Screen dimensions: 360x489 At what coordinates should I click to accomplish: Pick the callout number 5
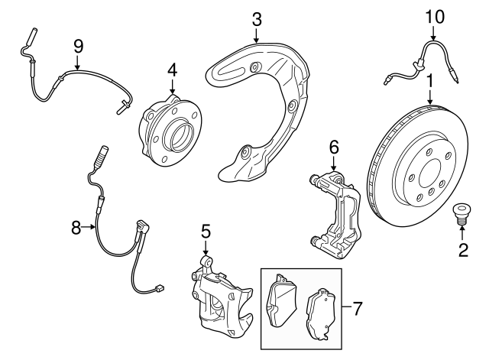(206, 231)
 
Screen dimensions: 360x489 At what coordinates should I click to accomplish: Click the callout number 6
(333, 146)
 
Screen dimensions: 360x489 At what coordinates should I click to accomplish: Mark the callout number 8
(76, 226)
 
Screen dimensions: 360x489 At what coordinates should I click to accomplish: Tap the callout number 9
(77, 46)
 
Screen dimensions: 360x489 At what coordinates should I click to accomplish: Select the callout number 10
(433, 15)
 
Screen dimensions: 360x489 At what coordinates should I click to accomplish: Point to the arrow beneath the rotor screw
(461, 232)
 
